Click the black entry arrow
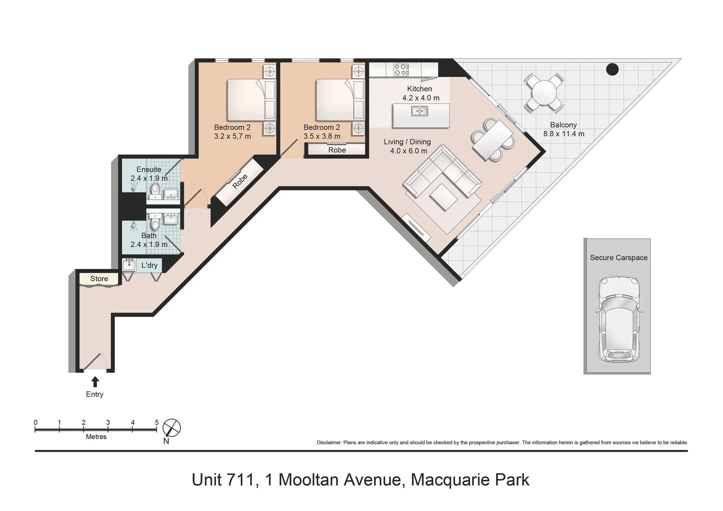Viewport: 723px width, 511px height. tap(95, 381)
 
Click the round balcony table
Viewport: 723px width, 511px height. tap(543, 92)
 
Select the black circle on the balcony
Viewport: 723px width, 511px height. tap(612, 70)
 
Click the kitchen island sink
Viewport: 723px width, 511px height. tap(419, 112)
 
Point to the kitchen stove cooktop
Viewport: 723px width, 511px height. tap(401, 70)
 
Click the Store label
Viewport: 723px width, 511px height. tap(99, 279)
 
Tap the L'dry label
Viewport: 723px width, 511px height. tap(149, 265)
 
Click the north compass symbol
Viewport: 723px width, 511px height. tap(171, 428)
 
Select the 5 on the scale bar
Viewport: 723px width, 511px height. tap(157, 423)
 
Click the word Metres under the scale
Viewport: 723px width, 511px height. tap(96, 437)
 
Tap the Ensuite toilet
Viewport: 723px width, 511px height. tap(155, 191)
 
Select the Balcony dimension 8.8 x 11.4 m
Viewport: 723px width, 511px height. tap(564, 134)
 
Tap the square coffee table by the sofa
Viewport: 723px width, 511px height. tap(444, 196)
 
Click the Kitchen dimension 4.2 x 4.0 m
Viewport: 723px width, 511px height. tap(420, 98)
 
